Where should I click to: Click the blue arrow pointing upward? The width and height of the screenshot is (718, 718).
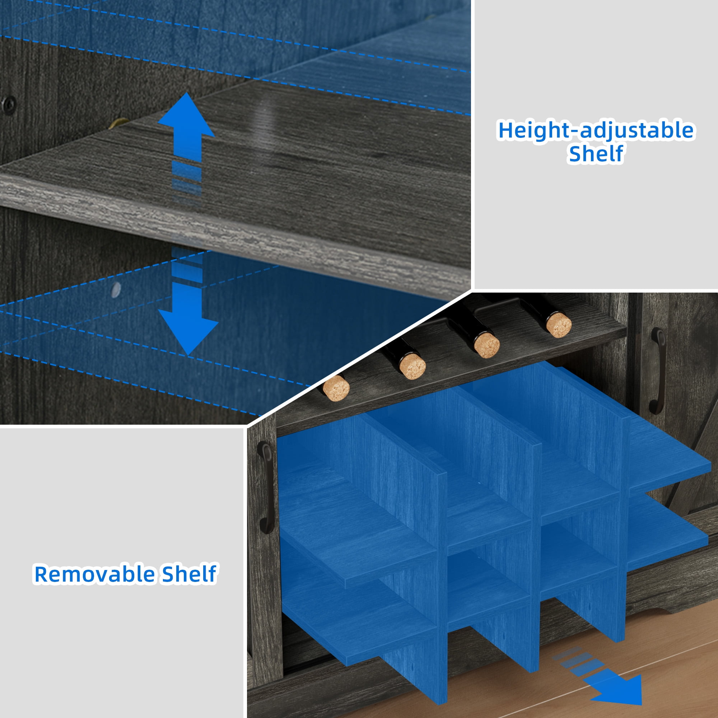[186, 128]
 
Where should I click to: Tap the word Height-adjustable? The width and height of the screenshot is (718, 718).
[596, 131]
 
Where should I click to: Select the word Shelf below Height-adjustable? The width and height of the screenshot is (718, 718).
[596, 154]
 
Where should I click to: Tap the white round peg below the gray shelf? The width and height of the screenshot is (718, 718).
[116, 290]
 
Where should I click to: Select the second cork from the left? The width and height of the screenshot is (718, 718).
[412, 366]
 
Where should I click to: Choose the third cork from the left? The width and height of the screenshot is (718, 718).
[486, 345]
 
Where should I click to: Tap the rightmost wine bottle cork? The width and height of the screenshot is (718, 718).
[559, 325]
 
